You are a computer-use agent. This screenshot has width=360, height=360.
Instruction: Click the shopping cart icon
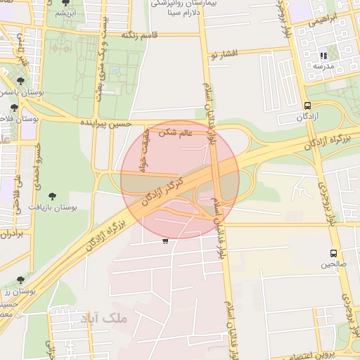(x=165, y=241)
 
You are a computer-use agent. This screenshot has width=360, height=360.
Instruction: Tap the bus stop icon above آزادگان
(x=307, y=105)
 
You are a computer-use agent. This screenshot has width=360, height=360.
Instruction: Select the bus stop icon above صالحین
(x=333, y=253)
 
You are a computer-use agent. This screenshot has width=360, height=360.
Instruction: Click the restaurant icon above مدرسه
(x=323, y=55)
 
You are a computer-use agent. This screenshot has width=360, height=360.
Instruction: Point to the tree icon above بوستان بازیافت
(x=54, y=196)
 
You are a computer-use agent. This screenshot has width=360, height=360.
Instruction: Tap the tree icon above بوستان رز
(x=20, y=280)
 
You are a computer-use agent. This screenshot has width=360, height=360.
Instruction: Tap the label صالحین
(x=334, y=264)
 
